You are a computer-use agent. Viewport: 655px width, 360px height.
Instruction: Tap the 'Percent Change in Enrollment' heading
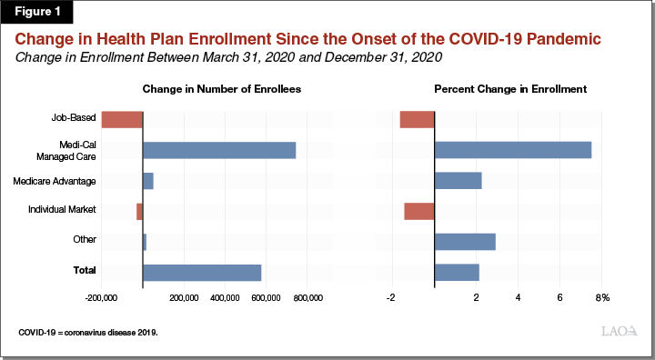coord(510,89)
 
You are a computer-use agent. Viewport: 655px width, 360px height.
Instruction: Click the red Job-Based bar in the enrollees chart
coord(122,119)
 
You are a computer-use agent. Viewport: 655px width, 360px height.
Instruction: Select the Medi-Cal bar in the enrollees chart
coord(219,151)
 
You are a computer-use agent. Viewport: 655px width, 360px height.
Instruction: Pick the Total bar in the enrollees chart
coord(202,272)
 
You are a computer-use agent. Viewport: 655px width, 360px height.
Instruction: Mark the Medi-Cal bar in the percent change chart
coord(513,151)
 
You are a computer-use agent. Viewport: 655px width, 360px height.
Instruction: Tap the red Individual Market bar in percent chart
coord(419,211)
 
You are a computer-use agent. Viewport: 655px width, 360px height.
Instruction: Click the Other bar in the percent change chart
coord(465,241)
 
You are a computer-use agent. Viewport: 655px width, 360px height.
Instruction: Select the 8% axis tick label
coord(601,298)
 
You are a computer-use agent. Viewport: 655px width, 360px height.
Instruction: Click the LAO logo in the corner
coord(619,332)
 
